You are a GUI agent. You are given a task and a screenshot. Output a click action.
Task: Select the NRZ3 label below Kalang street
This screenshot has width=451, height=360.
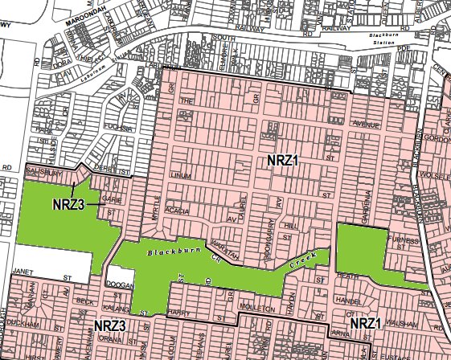[109, 325]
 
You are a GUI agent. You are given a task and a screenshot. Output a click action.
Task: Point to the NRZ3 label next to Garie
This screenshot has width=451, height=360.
[69, 203]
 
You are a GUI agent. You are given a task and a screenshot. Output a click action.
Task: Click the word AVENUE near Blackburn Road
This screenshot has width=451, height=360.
[366, 125]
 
